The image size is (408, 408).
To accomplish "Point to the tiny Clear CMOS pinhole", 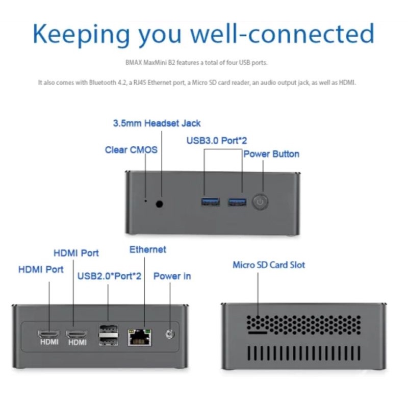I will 145,200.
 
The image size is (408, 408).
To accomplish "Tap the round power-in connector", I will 169,335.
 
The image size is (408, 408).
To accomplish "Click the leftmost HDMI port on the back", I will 48,334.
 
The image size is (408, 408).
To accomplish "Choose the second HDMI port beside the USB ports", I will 76,334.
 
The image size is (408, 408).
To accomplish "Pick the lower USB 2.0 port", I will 108,340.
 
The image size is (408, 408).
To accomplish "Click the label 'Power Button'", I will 271,154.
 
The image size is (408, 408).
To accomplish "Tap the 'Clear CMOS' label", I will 131,150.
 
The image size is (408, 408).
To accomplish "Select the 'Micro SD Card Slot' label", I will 269,265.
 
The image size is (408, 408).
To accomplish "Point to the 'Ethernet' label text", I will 147,249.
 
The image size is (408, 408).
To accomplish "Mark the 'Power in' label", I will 172,276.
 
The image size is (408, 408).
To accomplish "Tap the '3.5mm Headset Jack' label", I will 157,123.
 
